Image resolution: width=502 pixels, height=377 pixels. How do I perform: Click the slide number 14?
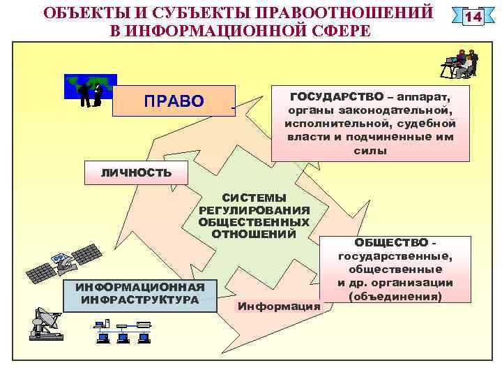474,16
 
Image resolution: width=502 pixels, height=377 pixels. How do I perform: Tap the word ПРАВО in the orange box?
174,102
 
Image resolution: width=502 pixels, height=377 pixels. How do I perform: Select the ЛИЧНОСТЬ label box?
126,172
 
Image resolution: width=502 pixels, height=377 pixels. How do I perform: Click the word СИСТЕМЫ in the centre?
254,198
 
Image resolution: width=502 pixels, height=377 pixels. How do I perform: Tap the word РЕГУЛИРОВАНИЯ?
254,210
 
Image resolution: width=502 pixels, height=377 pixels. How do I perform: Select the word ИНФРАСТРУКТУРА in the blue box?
140,300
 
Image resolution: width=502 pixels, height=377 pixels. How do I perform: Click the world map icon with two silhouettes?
90,91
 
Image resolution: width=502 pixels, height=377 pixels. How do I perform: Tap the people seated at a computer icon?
460,63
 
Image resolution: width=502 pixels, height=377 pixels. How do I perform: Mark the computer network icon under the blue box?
123,332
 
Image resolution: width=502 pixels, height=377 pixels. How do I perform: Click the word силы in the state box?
370,150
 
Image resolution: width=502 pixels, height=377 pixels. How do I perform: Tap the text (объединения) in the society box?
395,296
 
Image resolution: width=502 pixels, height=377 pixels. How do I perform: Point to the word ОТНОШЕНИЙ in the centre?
254,233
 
